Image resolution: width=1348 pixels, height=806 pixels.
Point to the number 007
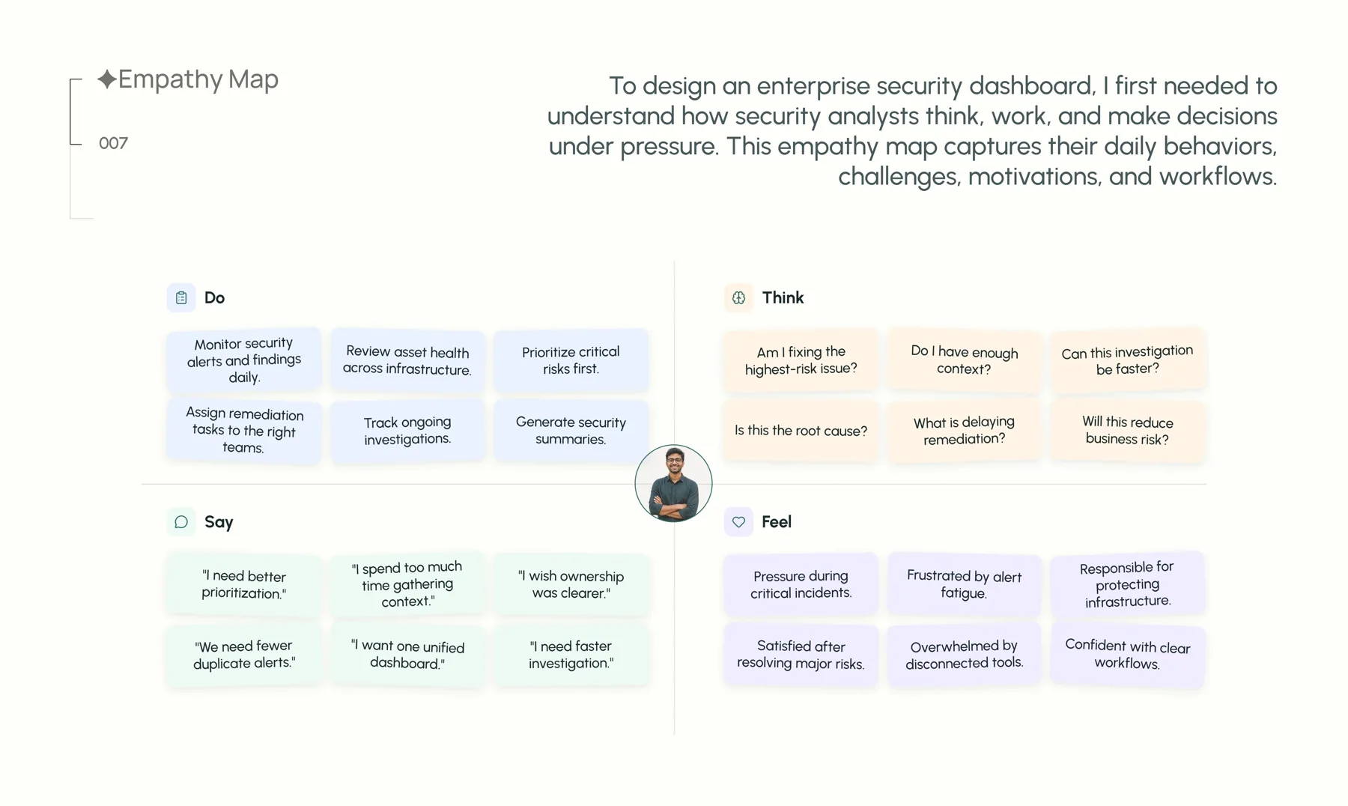113,143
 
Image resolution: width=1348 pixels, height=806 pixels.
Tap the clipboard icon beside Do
181,297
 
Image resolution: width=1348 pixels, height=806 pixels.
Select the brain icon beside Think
738,297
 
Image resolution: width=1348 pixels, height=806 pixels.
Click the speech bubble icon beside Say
181,522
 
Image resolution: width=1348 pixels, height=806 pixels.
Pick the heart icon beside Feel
738,522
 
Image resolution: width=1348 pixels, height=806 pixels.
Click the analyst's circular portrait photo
673,483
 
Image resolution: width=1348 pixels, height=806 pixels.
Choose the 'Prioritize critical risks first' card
571,360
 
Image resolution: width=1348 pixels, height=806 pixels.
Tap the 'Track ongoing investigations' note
407,431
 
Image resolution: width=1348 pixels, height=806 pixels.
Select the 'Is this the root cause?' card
801,431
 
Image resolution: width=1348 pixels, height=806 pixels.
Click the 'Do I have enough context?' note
965,360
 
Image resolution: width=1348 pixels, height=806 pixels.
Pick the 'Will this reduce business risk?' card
1128,431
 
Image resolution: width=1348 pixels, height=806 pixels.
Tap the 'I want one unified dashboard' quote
407,655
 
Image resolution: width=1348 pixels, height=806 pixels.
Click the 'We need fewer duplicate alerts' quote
244,655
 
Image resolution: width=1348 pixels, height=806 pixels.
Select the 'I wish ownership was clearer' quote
571,584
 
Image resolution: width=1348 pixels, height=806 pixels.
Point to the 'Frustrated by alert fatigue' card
965,584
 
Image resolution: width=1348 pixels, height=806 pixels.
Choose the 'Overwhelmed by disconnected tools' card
965,655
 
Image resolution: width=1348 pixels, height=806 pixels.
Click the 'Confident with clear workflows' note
1128,655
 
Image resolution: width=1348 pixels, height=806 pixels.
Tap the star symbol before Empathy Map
107,79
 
